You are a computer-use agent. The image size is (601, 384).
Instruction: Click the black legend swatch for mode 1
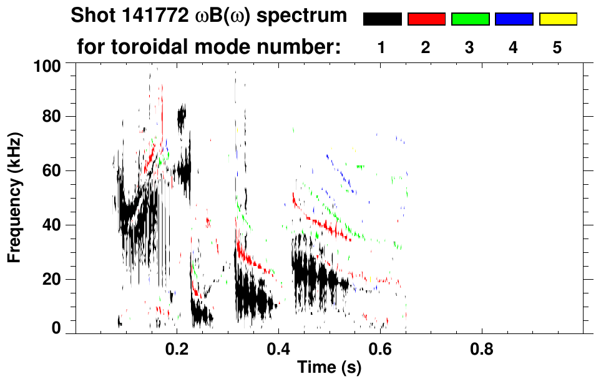tap(382, 19)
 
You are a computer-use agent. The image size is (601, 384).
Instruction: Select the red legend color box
tap(426, 19)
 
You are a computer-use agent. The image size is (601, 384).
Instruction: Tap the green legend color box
tap(470, 19)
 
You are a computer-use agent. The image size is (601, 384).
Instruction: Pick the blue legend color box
tap(514, 19)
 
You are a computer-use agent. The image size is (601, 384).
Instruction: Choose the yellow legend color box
tap(557, 19)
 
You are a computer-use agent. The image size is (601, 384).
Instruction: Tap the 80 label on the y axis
tap(54, 117)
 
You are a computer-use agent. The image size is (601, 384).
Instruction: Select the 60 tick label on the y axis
tap(54, 171)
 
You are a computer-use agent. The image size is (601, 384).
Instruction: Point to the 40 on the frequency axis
tap(54, 225)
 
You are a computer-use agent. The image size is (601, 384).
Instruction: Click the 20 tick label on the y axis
tap(54, 279)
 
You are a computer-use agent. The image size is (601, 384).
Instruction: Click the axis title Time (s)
tap(328, 368)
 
